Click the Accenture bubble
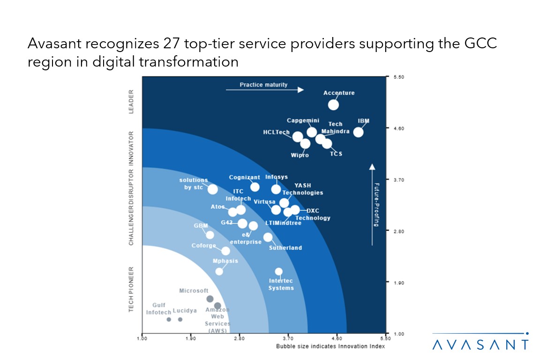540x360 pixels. coord(333,105)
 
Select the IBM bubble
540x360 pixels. coord(358,132)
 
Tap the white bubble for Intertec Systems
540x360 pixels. coord(279,271)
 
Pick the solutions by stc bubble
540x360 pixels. coord(212,189)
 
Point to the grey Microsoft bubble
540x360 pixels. coord(210,299)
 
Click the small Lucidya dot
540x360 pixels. coord(180,319)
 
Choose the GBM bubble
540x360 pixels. coord(210,235)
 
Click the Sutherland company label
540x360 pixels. coord(285,247)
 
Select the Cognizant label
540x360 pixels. coord(244,177)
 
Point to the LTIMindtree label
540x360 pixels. coord(283,223)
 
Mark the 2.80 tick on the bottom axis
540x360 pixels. coord(239,337)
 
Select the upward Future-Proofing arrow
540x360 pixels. coord(372,204)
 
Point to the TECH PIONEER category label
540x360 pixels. coord(132,289)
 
